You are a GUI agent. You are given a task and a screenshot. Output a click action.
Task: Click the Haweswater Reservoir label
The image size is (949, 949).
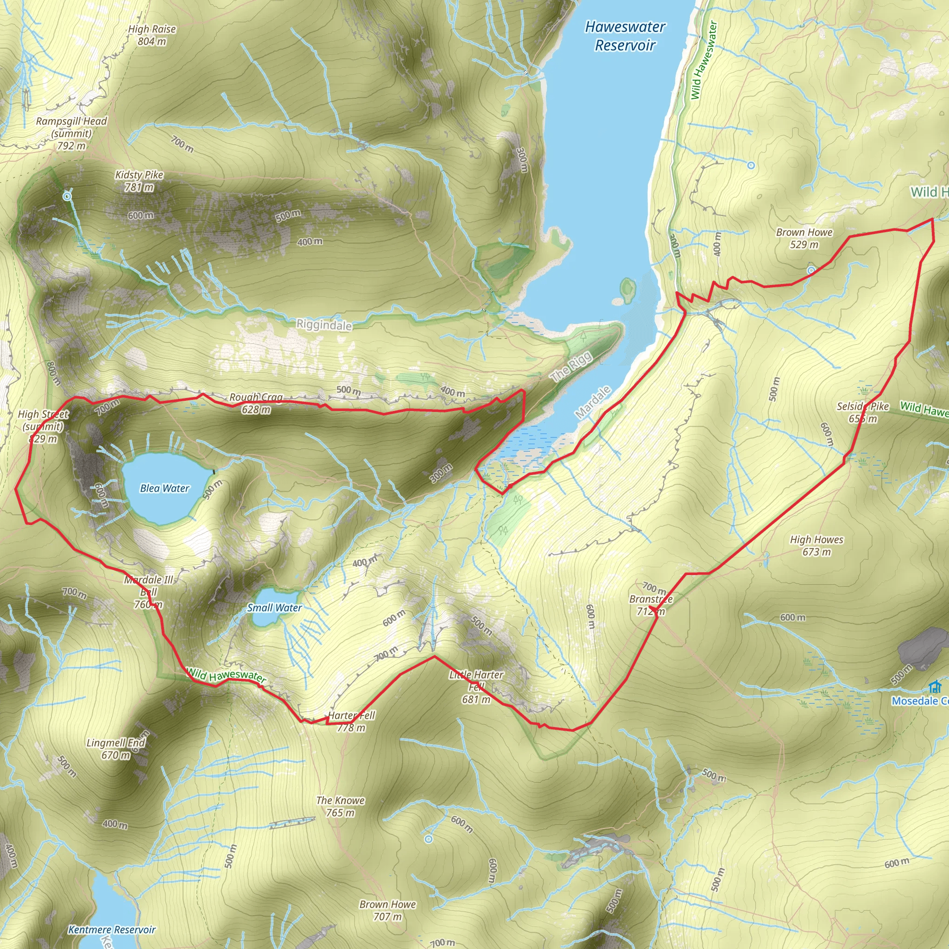click(625, 36)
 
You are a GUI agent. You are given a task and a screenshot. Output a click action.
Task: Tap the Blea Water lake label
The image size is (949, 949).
click(164, 488)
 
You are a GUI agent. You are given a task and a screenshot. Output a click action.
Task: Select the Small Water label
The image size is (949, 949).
click(274, 607)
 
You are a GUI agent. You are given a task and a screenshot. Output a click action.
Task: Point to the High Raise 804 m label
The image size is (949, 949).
click(152, 35)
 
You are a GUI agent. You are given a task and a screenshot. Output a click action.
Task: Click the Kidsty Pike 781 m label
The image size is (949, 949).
click(139, 181)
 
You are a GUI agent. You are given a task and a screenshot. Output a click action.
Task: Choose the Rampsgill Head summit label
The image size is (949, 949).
click(71, 133)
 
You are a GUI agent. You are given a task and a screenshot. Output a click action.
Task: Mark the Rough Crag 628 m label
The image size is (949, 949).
click(256, 403)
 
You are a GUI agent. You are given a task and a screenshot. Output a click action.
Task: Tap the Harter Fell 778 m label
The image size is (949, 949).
click(351, 721)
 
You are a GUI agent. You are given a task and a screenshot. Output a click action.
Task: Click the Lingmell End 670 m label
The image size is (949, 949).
click(115, 749)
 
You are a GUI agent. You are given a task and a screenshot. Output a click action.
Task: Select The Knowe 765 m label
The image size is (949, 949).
click(340, 807)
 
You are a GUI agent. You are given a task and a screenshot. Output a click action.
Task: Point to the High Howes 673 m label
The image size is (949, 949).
click(816, 546)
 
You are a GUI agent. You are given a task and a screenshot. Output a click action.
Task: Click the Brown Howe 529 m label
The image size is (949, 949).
click(804, 238)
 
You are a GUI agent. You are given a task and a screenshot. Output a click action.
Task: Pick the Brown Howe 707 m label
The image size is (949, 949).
click(387, 910)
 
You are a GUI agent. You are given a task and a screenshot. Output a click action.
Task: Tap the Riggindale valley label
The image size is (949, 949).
click(324, 325)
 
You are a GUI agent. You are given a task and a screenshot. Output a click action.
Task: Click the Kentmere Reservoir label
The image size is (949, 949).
click(112, 930)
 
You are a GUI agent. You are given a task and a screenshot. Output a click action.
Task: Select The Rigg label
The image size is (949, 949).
click(571, 367)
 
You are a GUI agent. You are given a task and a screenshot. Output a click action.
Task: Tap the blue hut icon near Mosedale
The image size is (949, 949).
click(934, 686)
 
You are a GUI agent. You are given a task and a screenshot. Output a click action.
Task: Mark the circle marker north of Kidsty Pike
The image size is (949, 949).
click(67, 196)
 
